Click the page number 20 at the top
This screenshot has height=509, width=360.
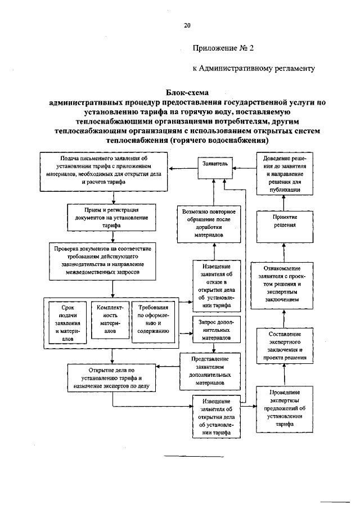click(187, 25)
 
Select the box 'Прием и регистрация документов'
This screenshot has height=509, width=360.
click(114, 217)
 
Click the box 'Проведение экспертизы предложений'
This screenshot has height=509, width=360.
click(283, 415)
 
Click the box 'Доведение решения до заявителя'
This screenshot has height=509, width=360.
click(284, 175)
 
